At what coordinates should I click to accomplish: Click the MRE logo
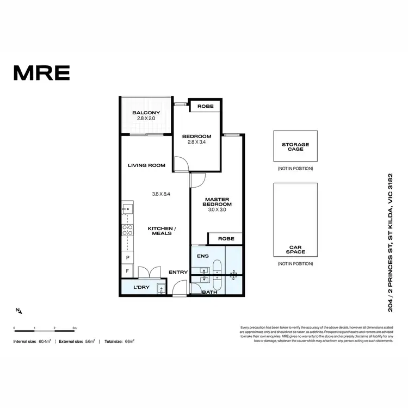[41, 72]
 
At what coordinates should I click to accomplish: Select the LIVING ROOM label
[146, 165]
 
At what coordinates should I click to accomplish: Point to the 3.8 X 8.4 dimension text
[162, 193]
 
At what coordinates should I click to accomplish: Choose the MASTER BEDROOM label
[218, 201]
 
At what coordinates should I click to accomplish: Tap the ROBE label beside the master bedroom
[226, 239]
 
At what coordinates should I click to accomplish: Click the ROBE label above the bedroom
[205, 107]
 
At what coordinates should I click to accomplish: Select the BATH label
[209, 292]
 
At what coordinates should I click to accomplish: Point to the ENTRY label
[178, 272]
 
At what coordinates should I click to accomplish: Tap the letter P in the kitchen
[127, 257]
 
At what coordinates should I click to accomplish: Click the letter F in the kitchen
[127, 270]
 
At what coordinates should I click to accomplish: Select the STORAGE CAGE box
[295, 146]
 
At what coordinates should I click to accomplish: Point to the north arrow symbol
[19, 311]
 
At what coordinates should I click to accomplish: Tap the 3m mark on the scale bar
[75, 329]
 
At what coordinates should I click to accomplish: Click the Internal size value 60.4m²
[45, 341]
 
